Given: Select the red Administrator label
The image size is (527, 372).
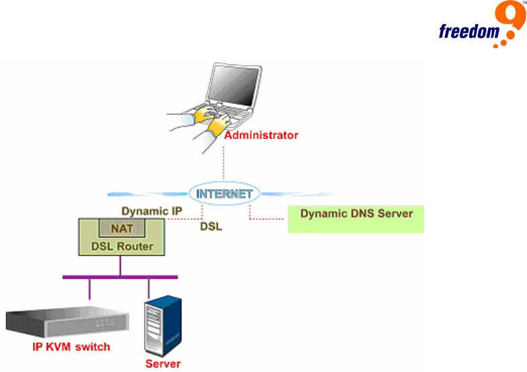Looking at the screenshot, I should [x=261, y=135].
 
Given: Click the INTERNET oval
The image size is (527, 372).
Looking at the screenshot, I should [x=224, y=194].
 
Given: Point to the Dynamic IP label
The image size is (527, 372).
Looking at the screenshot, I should [x=152, y=211].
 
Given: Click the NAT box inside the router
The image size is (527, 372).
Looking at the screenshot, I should [x=122, y=228].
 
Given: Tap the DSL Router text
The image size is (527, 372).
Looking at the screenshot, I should [x=122, y=246].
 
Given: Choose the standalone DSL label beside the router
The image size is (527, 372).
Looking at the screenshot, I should [x=211, y=227].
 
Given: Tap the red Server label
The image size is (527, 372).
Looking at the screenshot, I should [x=162, y=364].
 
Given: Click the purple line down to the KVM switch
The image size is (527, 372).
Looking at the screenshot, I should [x=89, y=289].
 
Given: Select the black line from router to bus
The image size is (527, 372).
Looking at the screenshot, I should [x=121, y=265].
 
